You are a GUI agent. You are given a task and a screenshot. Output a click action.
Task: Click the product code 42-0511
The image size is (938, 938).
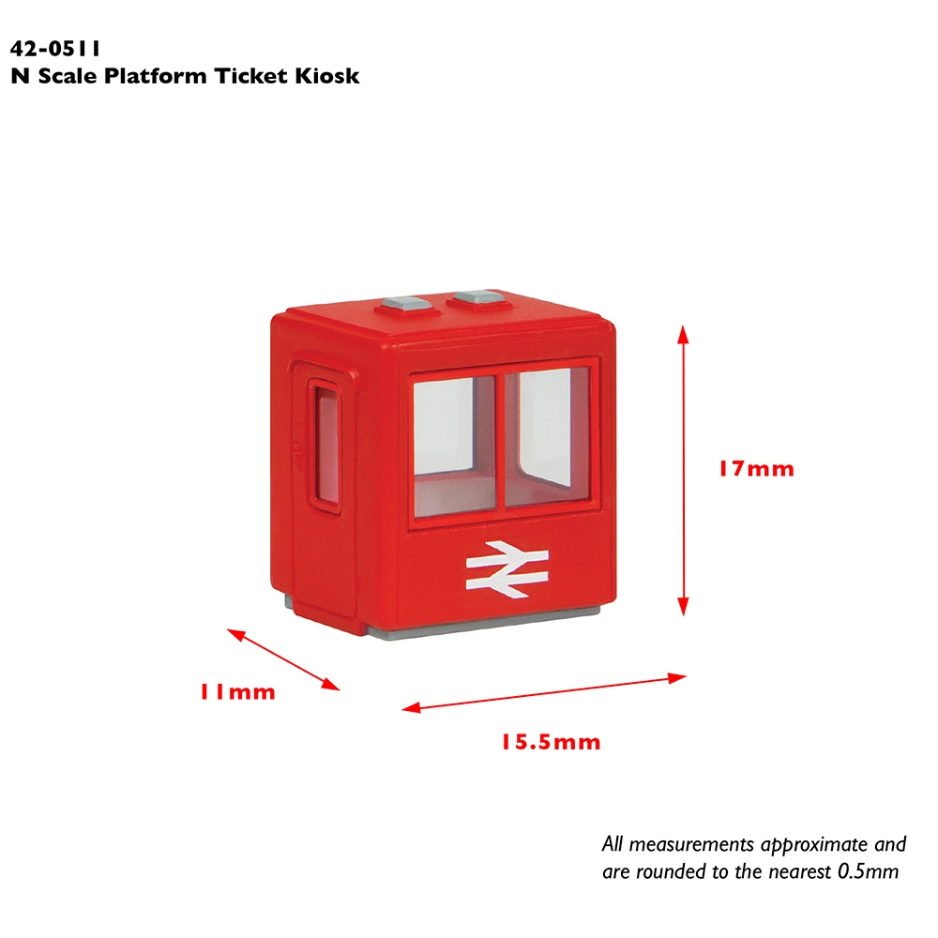(55, 49)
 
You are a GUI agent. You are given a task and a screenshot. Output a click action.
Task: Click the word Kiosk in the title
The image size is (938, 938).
(327, 76)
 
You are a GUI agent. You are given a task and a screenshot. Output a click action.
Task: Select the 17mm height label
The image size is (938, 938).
(757, 468)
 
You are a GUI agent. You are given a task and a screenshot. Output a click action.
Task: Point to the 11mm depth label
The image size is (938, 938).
(237, 691)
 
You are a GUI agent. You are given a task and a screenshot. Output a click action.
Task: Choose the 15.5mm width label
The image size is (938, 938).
(551, 742)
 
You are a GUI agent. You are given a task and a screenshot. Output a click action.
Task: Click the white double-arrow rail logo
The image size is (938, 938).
(507, 569)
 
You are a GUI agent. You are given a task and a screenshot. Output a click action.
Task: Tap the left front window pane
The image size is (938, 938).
(455, 446)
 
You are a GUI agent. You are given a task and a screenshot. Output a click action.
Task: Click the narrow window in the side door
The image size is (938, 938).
(326, 446)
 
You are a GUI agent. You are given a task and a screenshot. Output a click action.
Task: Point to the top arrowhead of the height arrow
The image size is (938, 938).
(683, 335)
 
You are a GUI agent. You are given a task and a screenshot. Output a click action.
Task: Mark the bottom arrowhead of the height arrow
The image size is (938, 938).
(683, 607)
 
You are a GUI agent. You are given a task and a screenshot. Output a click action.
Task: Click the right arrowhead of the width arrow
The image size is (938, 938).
(677, 678)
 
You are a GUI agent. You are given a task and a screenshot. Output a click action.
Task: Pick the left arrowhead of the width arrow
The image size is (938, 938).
(412, 708)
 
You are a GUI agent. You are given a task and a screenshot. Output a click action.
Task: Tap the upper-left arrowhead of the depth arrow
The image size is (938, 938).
(236, 634)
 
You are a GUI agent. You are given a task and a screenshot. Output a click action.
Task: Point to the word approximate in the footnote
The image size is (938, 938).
(815, 845)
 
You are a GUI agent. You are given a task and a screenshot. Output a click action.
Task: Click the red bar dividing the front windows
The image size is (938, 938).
(500, 442)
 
